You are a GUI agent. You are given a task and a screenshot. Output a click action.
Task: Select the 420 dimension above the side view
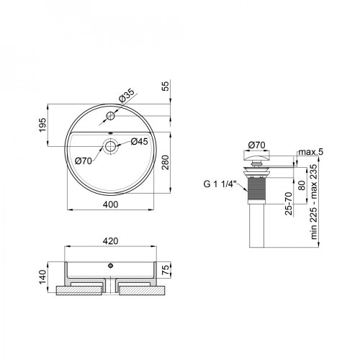click(x=111, y=243)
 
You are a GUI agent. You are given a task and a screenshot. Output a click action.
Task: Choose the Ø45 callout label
click(x=139, y=141)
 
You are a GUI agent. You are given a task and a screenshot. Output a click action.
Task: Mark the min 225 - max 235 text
click(x=311, y=204)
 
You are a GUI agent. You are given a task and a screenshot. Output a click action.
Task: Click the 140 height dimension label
click(x=43, y=276)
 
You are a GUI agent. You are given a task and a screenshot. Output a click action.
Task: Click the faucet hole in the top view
click(x=111, y=115)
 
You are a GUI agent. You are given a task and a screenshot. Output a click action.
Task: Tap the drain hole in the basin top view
click(x=111, y=146)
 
